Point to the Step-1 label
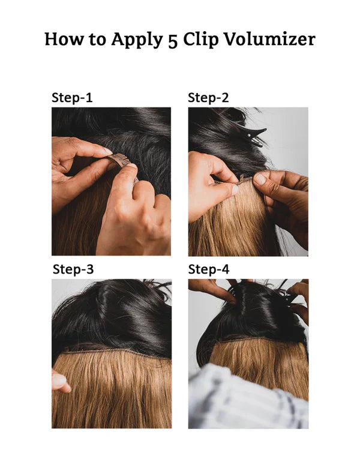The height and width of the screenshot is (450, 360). pyautogui.click(x=72, y=98)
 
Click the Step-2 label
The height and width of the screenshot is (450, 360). pyautogui.click(x=208, y=98)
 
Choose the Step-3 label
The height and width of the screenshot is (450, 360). pyautogui.click(x=73, y=269)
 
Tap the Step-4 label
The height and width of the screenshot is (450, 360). pyautogui.click(x=209, y=269)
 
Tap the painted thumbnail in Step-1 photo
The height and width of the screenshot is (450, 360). pyautogui.click(x=107, y=151)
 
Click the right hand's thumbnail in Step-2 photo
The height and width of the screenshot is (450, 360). pyautogui.click(x=260, y=179)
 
